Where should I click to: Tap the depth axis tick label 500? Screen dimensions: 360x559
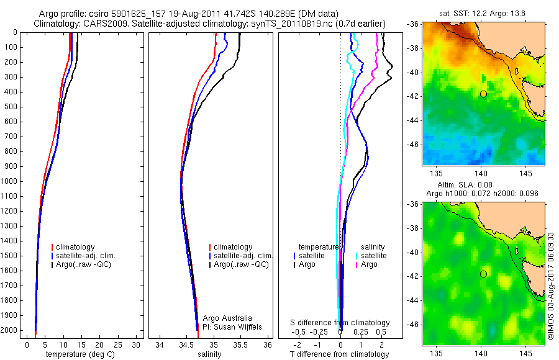click(x=11, y=107)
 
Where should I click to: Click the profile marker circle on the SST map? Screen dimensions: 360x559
click(x=483, y=94)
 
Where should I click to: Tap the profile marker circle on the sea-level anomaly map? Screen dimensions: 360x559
click(x=483, y=274)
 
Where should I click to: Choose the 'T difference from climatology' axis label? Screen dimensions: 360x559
click(x=339, y=354)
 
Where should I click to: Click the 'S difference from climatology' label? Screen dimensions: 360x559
click(x=340, y=323)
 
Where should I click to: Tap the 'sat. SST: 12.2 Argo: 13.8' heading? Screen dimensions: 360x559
click(x=483, y=13)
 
